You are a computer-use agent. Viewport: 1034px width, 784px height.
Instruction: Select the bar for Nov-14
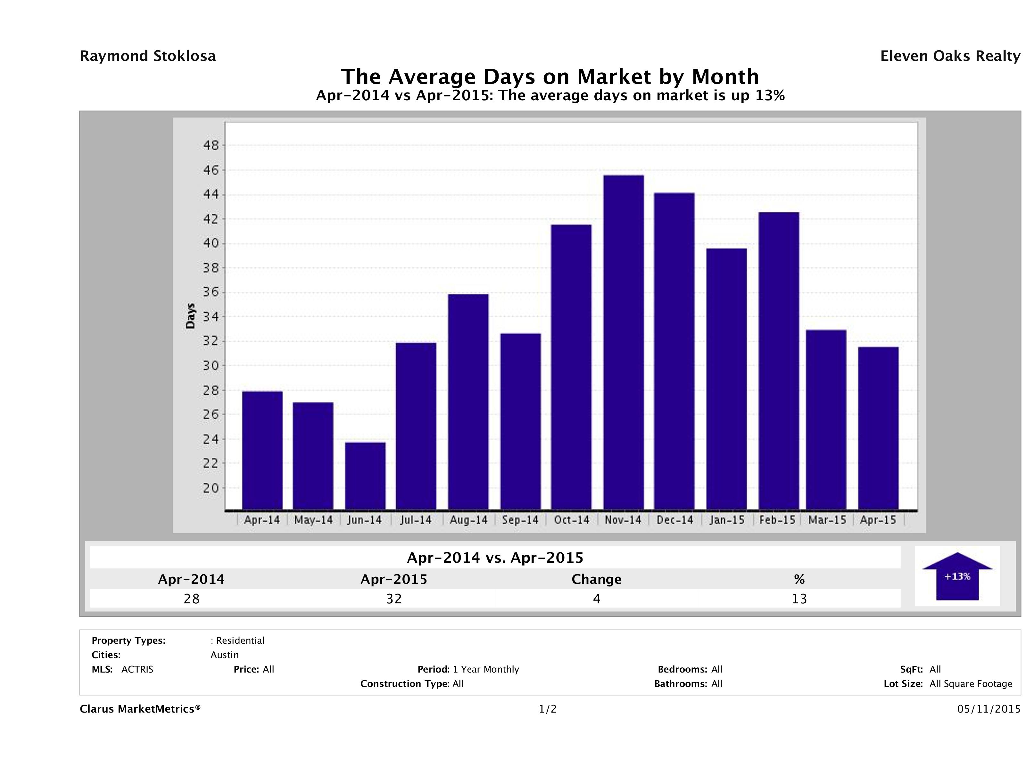click(x=623, y=342)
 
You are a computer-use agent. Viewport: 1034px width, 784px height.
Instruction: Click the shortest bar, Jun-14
click(x=365, y=476)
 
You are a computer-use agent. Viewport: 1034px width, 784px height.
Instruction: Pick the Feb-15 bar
click(x=779, y=361)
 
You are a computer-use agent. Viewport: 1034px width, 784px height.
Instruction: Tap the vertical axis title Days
click(x=190, y=316)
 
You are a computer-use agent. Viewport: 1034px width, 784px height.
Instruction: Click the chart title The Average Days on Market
click(x=550, y=77)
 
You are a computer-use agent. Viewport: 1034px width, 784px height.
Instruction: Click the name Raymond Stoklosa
click(x=148, y=56)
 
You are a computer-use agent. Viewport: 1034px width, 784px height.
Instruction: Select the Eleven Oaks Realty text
click(x=950, y=56)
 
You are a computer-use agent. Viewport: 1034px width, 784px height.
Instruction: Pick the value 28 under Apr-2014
click(x=192, y=599)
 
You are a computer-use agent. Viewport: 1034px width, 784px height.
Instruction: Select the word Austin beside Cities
click(x=224, y=655)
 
